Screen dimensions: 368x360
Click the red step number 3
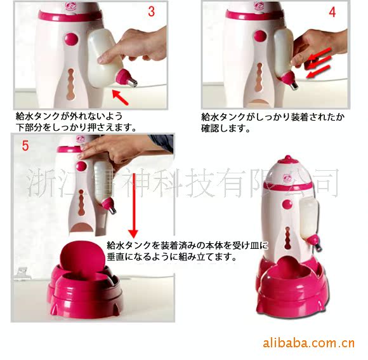152,11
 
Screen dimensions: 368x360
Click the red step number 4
332,11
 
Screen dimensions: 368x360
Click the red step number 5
25,145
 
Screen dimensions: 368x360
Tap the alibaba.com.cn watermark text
308,343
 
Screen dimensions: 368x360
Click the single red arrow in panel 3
121,97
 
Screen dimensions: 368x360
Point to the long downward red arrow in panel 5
133,206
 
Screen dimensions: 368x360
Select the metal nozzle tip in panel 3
133,82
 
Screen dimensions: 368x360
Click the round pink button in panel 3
71,39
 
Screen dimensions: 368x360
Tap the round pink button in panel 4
260,37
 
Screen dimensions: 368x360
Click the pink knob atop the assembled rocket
287,159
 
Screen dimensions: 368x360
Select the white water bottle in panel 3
103,58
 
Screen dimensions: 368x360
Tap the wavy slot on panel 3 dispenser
70,84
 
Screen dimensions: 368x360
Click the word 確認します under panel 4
225,128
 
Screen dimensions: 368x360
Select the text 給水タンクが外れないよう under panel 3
69,116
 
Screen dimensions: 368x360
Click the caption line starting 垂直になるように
172,257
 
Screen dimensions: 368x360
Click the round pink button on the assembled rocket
287,204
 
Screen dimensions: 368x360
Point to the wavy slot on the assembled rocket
287,238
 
